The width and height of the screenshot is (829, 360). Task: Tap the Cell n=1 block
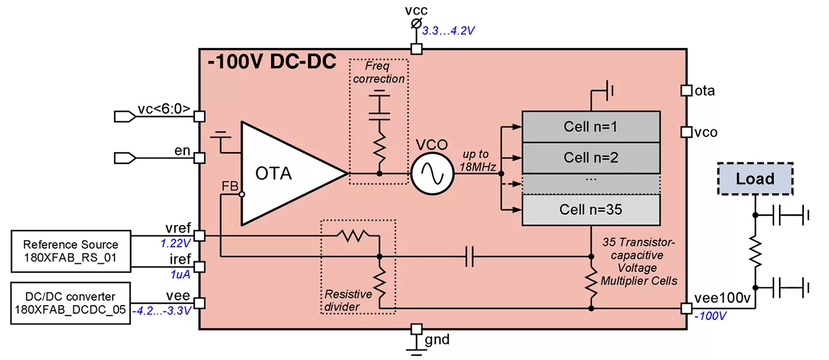coord(590,127)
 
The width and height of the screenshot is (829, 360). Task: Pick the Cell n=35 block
coord(590,209)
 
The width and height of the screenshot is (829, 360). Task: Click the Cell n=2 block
coord(590,157)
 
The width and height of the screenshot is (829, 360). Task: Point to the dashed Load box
coord(755,179)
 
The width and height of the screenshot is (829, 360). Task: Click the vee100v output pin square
coord(686,308)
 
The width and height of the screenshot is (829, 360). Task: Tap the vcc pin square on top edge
coord(417,49)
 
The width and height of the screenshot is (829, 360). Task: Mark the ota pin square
coord(686,91)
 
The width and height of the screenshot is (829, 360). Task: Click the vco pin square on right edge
coord(686,132)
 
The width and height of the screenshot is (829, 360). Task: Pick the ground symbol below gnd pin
coord(417,350)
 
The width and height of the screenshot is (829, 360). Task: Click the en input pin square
coord(199,158)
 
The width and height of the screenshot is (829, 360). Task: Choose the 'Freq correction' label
coord(379,73)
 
